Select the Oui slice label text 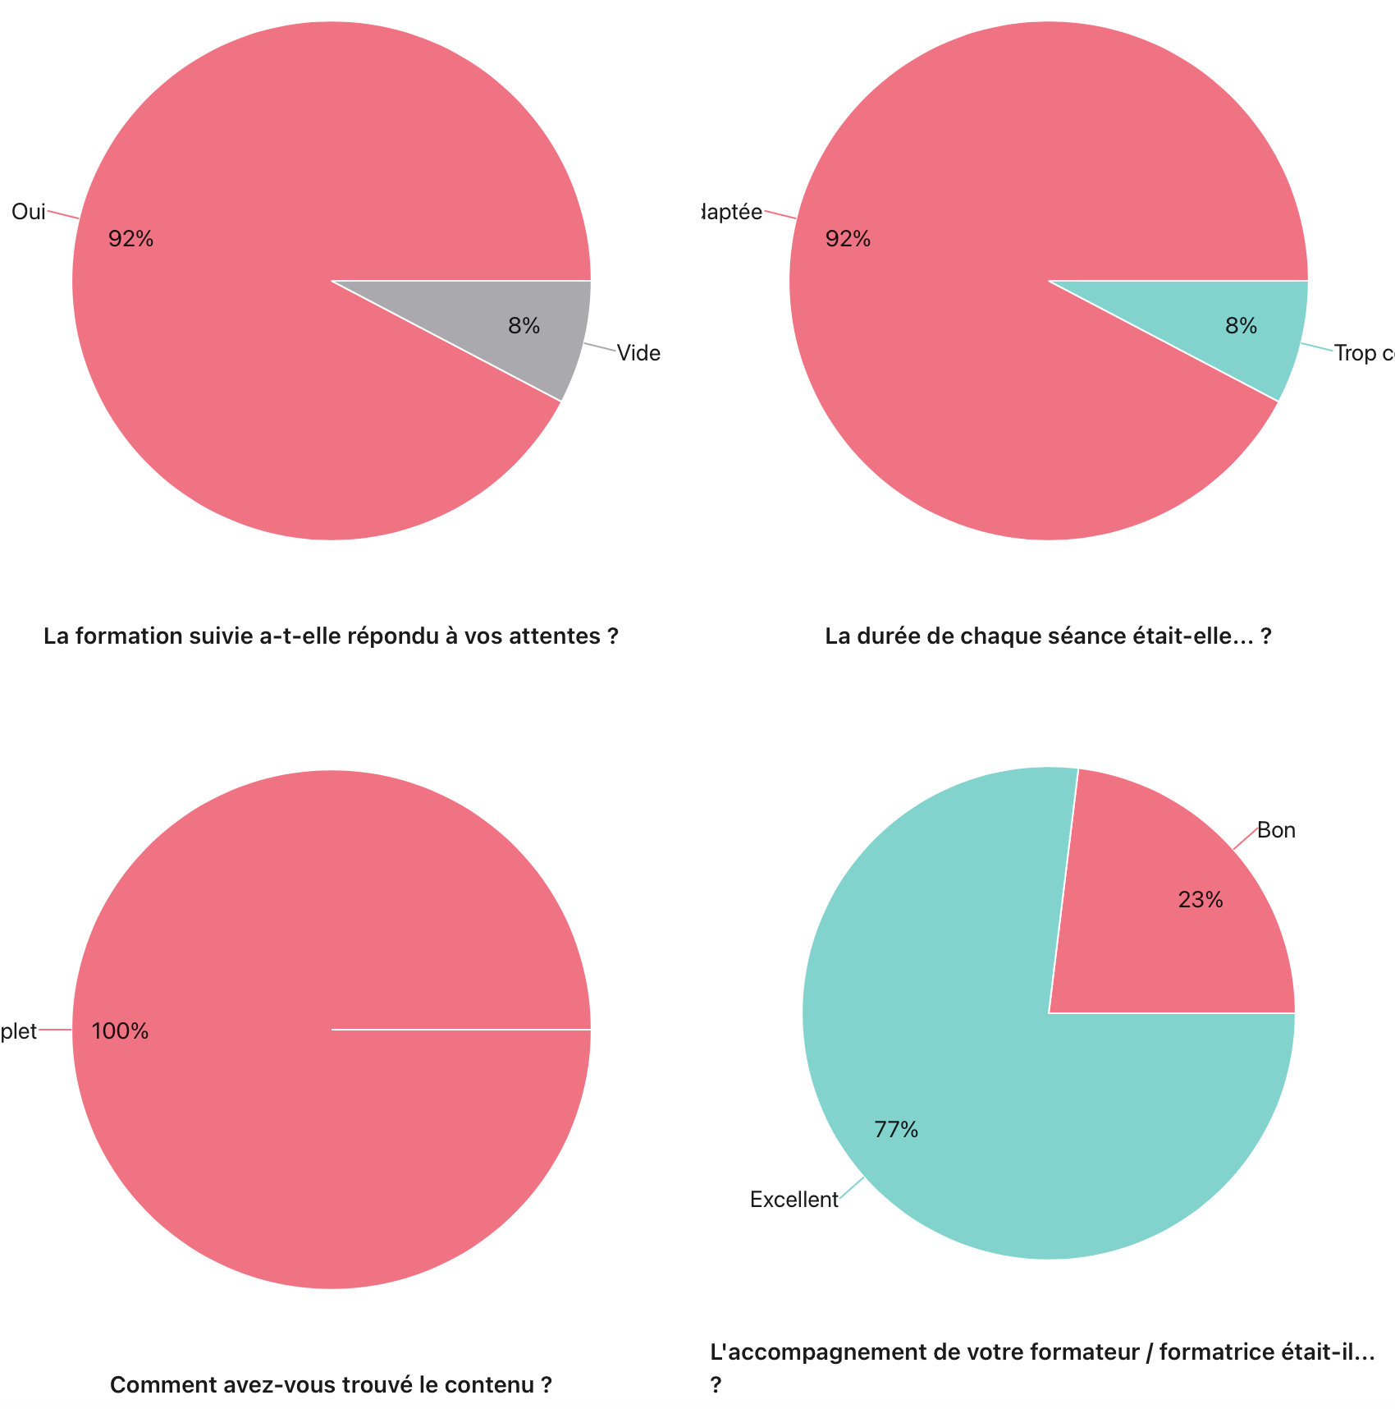pos(28,212)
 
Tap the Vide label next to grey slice pos(638,353)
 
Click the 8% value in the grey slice pos(524,326)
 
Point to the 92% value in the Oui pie pos(130,239)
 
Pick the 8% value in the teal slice pos(1241,326)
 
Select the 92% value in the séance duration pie pos(848,239)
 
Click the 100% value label pos(120,1031)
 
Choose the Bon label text pos(1276,830)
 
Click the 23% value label pos(1201,900)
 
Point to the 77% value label pos(896,1130)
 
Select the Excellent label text pos(794,1200)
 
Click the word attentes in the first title pos(562,636)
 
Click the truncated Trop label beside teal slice pos(1362,353)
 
